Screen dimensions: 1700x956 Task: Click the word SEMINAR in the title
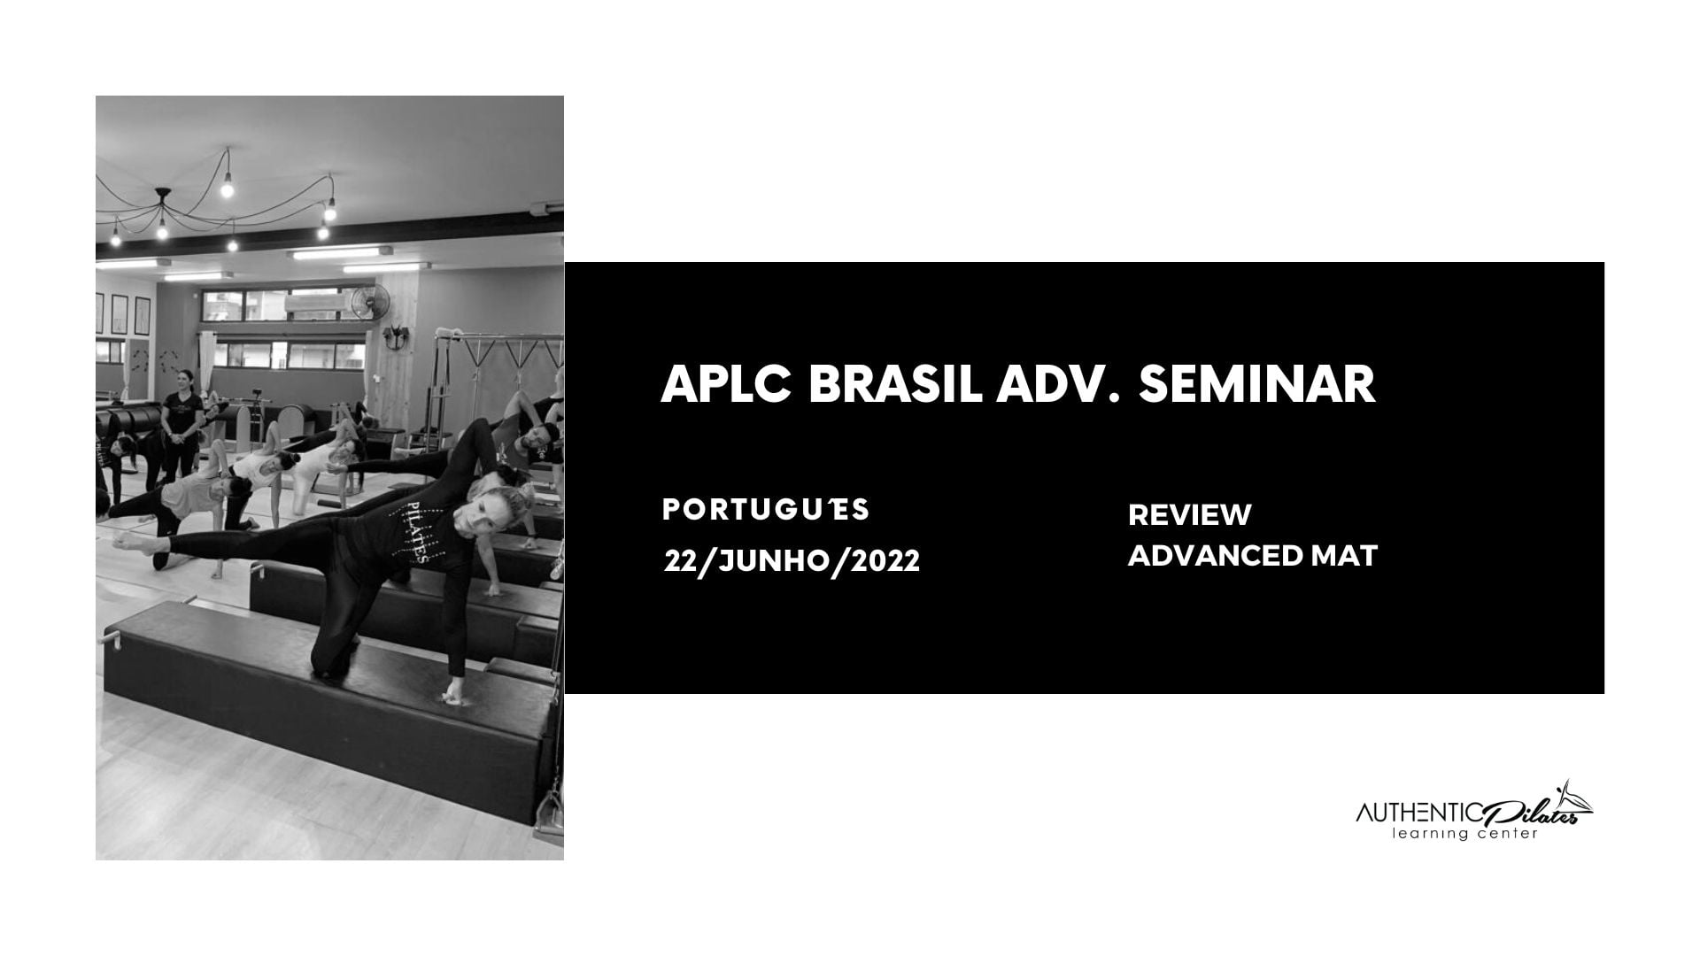click(1257, 384)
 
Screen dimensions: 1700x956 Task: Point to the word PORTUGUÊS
click(766, 510)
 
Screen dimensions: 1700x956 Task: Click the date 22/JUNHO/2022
click(792, 560)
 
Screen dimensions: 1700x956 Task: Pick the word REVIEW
click(1190, 514)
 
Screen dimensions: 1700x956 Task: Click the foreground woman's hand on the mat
click(452, 694)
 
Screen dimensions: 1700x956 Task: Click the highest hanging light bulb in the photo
click(226, 188)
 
